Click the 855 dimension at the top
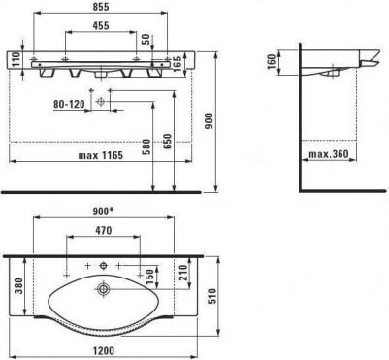100,6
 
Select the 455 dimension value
101,25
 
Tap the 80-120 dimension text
69,104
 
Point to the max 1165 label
101,155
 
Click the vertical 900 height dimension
210,120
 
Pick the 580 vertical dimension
146,147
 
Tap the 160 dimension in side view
272,61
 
